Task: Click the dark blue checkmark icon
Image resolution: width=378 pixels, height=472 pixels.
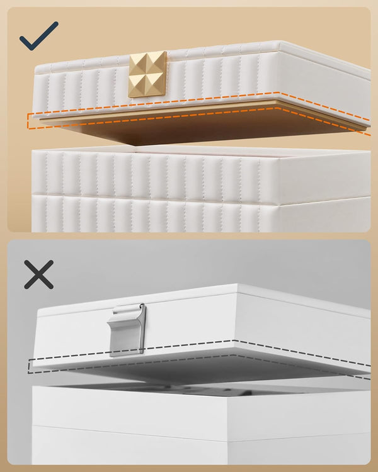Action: (38, 36)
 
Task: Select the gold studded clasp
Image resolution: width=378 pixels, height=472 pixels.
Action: (147, 74)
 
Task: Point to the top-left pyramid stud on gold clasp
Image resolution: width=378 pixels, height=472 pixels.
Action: (139, 64)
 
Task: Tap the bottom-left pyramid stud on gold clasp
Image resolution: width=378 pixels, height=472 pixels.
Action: (139, 84)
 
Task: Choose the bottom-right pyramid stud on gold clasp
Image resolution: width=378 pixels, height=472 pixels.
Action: (156, 83)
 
